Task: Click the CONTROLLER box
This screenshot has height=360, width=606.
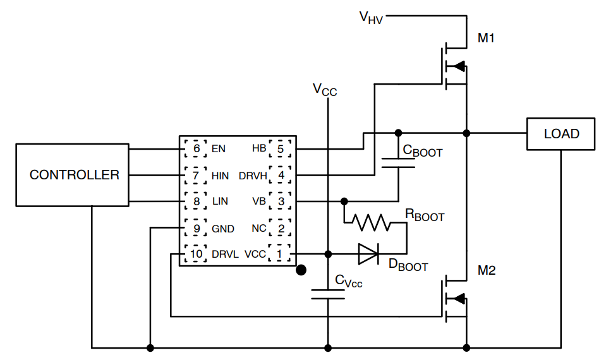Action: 75,175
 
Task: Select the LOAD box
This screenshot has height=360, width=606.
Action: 561,134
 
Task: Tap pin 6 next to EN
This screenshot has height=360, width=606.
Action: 196,149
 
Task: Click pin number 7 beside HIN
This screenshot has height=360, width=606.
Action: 196,175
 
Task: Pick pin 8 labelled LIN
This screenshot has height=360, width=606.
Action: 196,201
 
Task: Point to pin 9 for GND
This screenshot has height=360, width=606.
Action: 196,228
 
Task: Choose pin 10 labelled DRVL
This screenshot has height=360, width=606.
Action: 196,254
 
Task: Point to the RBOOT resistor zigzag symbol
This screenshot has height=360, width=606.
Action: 372,222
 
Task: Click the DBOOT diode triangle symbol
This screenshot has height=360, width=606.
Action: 368,254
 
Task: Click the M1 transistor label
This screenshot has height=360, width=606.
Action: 486,38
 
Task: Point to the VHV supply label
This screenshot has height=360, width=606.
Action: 372,17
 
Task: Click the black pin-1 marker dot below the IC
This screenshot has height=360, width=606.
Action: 301,270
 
